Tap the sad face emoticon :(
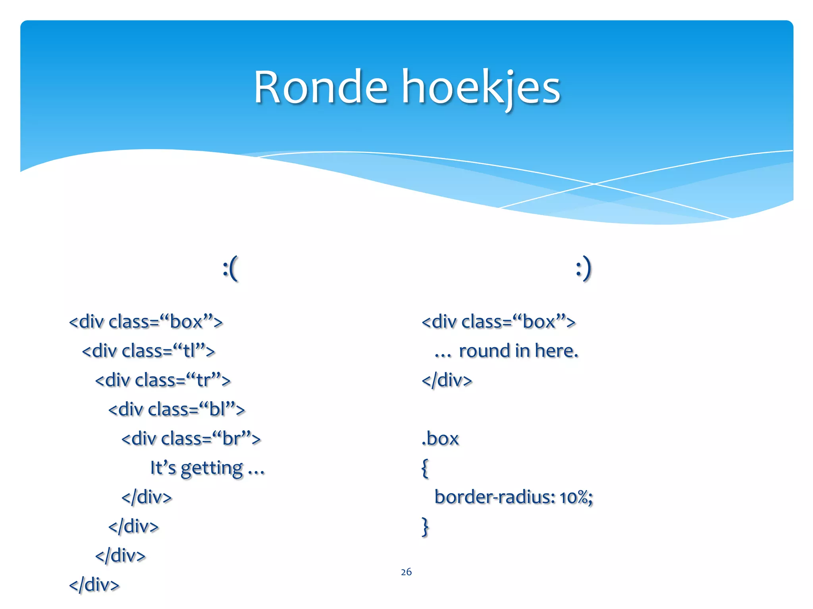click(230, 268)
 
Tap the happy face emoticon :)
click(584, 268)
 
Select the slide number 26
click(406, 572)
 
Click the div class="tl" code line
click(148, 351)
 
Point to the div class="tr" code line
click(163, 380)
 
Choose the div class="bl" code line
click(177, 410)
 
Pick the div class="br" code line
click(191, 439)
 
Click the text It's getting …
click(207, 468)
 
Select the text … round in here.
click(507, 351)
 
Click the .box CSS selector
click(440, 439)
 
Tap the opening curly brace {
click(425, 468)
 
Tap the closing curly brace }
click(425, 527)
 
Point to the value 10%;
click(576, 497)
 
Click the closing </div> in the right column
click(447, 380)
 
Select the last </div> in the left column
click(94, 585)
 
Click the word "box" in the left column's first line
click(186, 322)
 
